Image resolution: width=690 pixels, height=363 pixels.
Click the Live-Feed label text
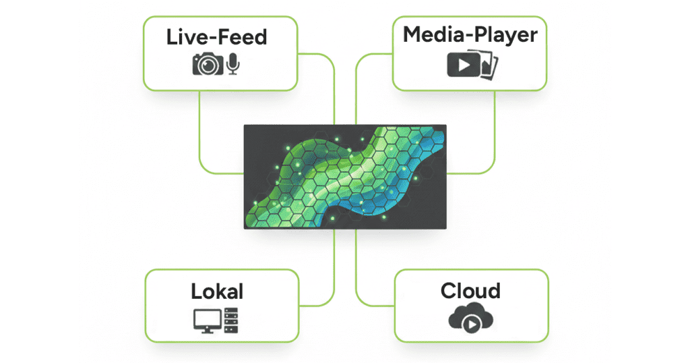(x=216, y=36)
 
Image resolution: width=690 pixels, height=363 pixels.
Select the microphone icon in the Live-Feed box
(x=233, y=64)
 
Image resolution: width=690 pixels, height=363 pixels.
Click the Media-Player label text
(x=469, y=34)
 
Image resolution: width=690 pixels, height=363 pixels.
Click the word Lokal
(x=217, y=291)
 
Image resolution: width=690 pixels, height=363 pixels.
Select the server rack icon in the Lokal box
(x=231, y=320)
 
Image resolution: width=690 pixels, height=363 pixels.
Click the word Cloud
(x=470, y=291)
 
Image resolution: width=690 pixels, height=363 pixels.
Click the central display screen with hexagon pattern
(x=344, y=176)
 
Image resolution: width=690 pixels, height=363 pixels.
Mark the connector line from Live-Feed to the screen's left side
(x=200, y=135)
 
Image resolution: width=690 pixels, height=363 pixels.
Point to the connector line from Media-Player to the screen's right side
(x=495, y=135)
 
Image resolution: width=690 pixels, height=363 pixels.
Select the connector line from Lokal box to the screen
(x=334, y=270)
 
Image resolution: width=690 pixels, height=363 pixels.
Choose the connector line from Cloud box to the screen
(x=356, y=270)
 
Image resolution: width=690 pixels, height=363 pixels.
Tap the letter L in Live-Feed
(x=172, y=36)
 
